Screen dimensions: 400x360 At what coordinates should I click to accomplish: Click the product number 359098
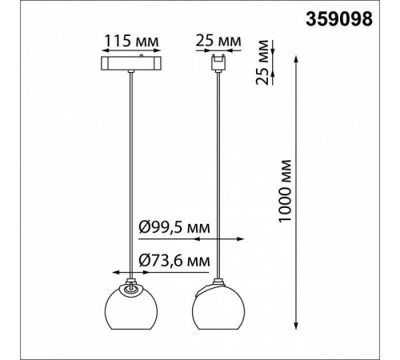click(x=338, y=19)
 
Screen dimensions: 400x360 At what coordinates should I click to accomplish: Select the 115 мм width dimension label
click(x=131, y=41)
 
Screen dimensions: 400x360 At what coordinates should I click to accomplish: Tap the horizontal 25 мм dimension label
click(x=218, y=41)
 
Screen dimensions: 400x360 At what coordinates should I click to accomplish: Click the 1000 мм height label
click(x=285, y=191)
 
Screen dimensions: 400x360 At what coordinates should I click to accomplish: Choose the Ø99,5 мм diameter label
click(x=174, y=227)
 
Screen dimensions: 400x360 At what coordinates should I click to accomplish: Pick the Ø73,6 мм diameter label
click(x=174, y=261)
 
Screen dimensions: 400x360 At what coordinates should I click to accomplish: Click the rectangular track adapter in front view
click(x=131, y=63)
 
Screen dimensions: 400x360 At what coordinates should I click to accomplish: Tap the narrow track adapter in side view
click(x=218, y=63)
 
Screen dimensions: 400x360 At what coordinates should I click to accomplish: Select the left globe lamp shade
click(x=131, y=306)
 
